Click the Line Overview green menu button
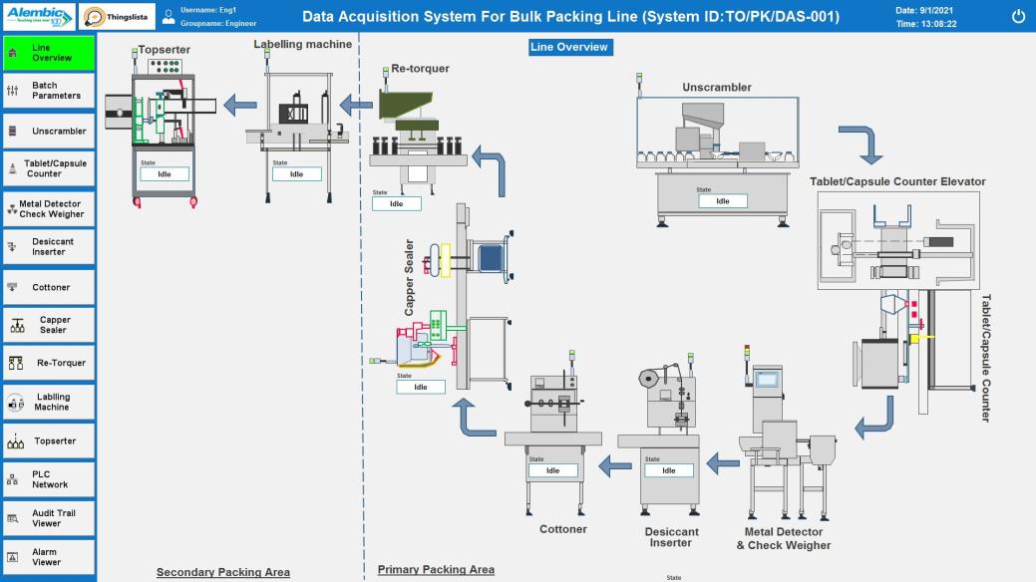[49, 53]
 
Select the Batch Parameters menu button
[49, 91]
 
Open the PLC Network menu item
[49, 479]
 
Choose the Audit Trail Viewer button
[49, 518]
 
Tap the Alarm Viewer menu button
[49, 557]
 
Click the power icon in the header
[1018, 16]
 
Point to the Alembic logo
[39, 16]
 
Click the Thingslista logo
[117, 16]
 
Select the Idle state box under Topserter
[165, 174]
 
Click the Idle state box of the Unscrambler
[722, 201]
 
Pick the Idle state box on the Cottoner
[552, 470]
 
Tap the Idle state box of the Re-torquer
[396, 203]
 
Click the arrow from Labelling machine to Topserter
[238, 103]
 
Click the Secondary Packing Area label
[223, 572]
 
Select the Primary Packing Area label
[436, 570]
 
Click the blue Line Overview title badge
[568, 47]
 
